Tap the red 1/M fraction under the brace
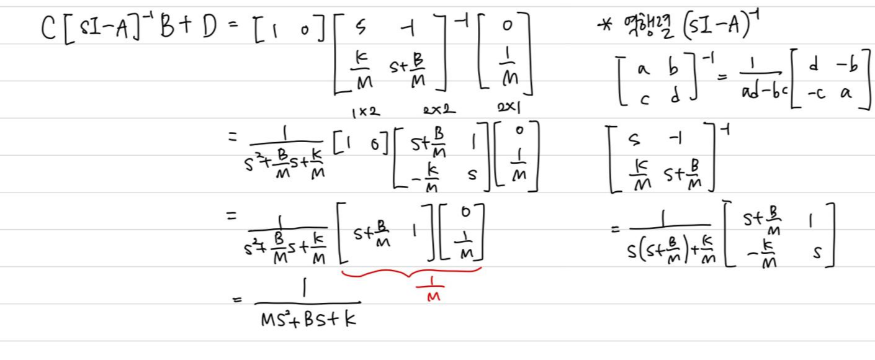coord(433,290)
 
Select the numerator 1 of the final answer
coord(307,289)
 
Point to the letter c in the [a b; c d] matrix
coord(642,98)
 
